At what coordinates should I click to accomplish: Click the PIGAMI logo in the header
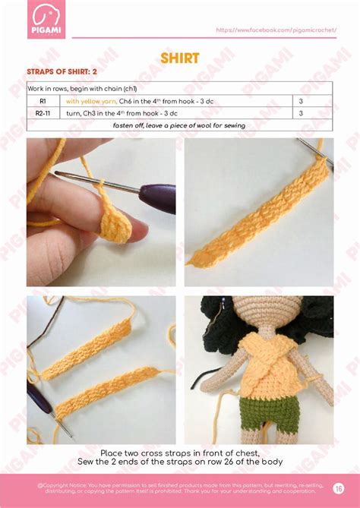click(46, 19)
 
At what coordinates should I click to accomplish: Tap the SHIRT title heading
click(180, 58)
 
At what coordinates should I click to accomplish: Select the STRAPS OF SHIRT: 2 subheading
click(62, 72)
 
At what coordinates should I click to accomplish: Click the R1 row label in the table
click(43, 101)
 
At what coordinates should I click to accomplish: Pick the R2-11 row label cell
click(43, 113)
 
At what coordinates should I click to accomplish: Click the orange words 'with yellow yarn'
click(90, 101)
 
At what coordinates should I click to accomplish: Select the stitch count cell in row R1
click(301, 101)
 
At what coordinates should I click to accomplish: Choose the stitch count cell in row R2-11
click(301, 113)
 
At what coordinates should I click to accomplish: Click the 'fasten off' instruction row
click(179, 125)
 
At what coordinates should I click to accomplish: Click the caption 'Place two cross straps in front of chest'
click(180, 453)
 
